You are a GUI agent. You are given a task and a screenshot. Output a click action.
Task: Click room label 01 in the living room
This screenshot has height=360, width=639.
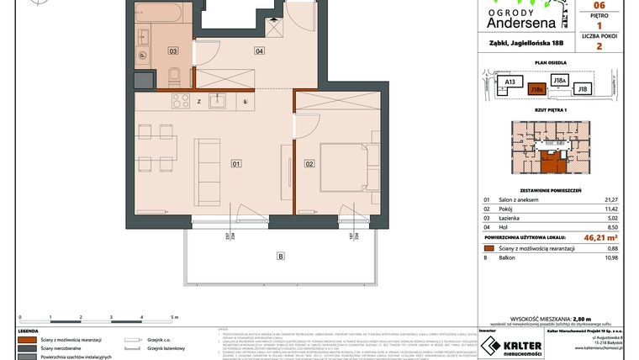(236, 163)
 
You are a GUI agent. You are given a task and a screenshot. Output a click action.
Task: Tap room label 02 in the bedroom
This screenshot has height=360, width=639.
(309, 163)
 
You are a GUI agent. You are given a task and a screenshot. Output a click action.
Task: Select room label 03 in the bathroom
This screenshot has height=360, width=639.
(173, 51)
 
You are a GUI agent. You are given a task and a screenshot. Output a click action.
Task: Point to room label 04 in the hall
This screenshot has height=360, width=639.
(259, 51)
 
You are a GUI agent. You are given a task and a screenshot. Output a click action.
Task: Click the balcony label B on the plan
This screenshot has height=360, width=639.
(281, 256)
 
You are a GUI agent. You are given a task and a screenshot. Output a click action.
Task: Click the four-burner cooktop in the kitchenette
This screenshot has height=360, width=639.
(181, 101)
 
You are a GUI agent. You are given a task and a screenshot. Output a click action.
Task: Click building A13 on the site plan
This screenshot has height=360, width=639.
(509, 82)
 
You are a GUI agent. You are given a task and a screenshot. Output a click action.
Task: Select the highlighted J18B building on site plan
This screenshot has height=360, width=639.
(536, 87)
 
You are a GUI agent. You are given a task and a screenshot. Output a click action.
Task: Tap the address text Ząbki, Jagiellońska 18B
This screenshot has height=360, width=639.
(522, 40)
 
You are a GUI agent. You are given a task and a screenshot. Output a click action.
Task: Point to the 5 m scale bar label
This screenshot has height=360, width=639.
(174, 317)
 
